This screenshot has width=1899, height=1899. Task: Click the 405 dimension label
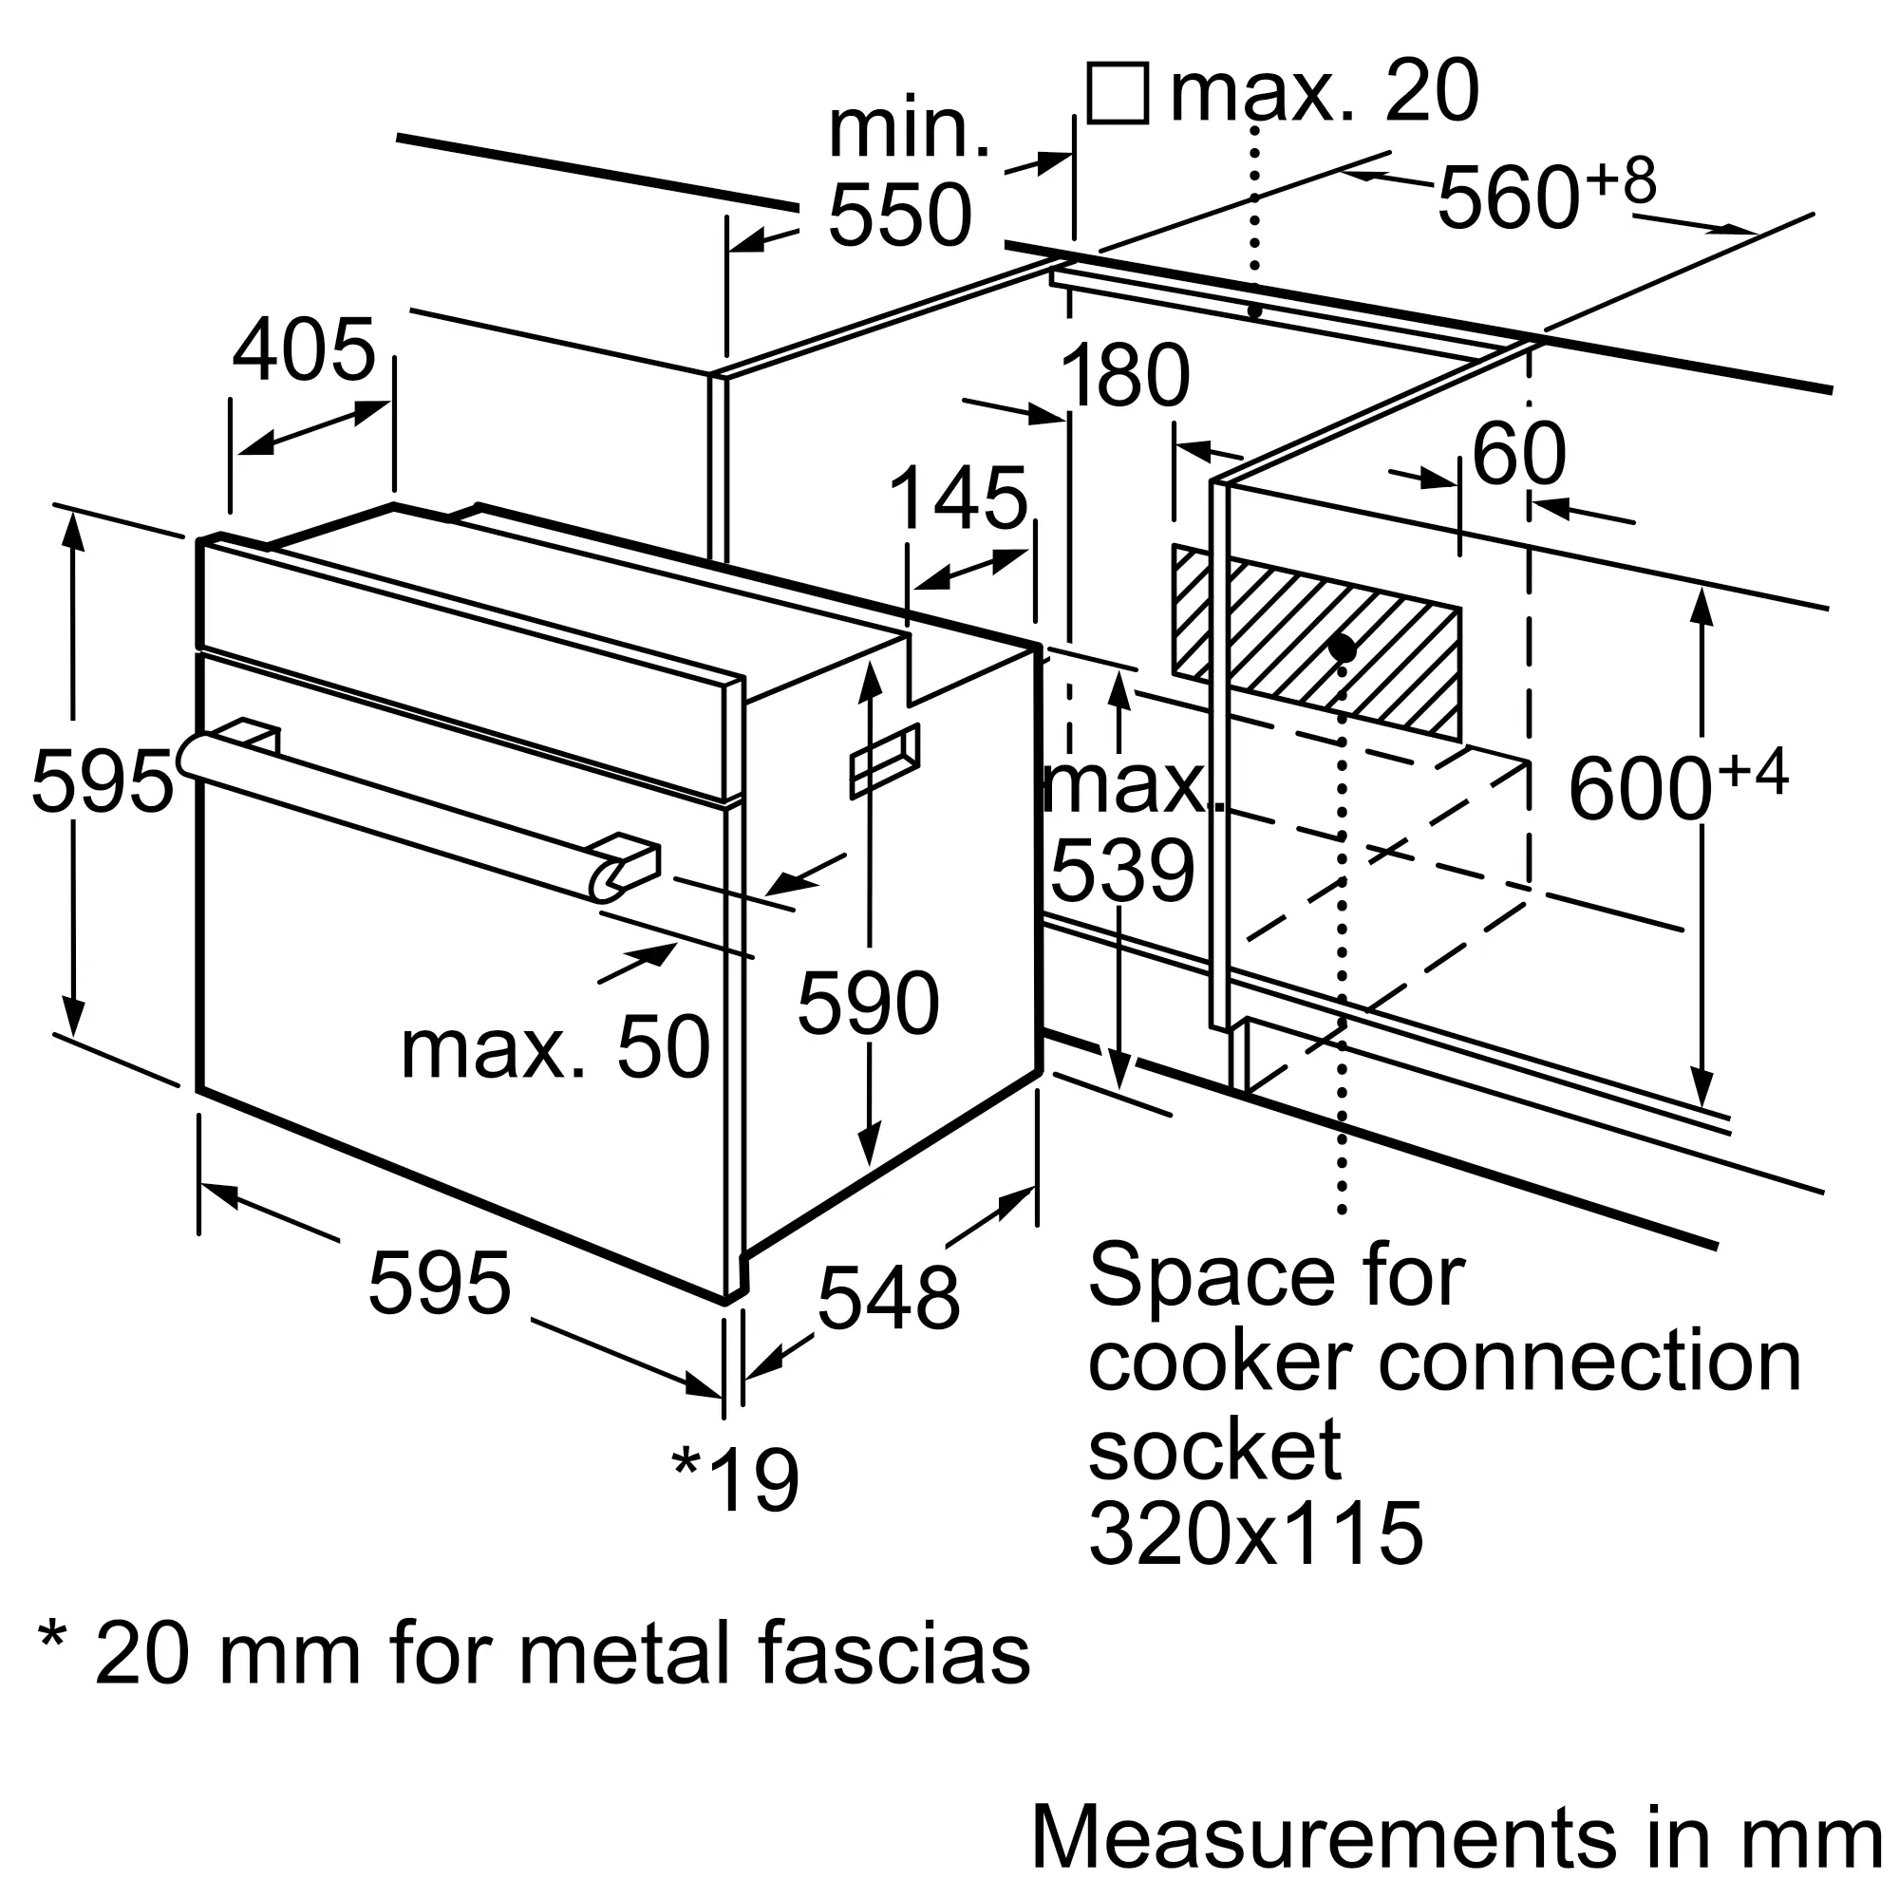304,350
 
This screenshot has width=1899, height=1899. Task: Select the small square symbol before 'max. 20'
1118,93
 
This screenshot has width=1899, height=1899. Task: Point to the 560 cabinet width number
1509,198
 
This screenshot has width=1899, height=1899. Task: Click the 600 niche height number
1641,788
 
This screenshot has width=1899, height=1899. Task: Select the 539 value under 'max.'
1122,871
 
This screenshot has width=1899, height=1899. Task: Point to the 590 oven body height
869,1003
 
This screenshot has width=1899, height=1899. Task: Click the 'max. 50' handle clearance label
555,1048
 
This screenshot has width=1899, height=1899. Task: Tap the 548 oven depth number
889,1298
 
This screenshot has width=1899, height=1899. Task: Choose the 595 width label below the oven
440,1283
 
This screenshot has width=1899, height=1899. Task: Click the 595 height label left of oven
103,781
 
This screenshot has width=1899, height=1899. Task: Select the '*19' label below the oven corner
735,1479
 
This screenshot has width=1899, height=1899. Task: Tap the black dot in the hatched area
1342,649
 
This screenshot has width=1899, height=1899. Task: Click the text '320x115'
1255,1532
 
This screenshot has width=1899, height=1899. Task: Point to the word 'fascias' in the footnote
894,1653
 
